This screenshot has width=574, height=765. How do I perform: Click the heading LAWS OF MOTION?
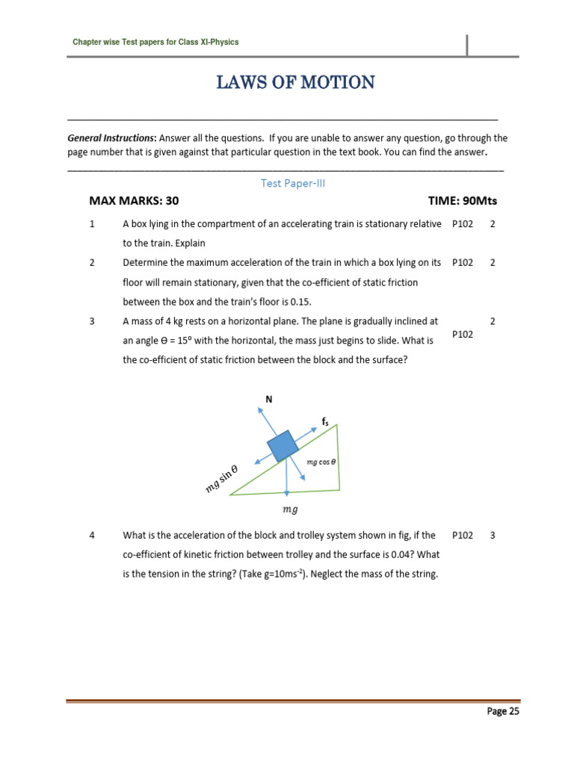coord(296,82)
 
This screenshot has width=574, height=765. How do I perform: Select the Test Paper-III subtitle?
coord(293,183)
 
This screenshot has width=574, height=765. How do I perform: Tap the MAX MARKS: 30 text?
coord(134,202)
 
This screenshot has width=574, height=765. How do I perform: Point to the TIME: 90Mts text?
coord(462,202)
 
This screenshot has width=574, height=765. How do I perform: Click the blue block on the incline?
coord(283,447)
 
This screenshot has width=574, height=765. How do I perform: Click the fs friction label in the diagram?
coord(325,422)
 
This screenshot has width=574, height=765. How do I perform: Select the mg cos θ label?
coord(321,462)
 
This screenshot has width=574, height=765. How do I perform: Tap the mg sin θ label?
coord(222,478)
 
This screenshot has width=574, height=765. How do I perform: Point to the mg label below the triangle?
coord(290,510)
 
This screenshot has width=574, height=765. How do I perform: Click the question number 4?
coord(92,536)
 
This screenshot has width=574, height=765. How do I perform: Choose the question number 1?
coord(92,224)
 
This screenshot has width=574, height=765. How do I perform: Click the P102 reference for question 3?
coord(463,335)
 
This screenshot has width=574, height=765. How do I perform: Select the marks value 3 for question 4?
coord(493,536)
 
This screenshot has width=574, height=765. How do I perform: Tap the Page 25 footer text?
coord(503,711)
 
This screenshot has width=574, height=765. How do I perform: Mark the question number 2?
coord(92,263)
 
